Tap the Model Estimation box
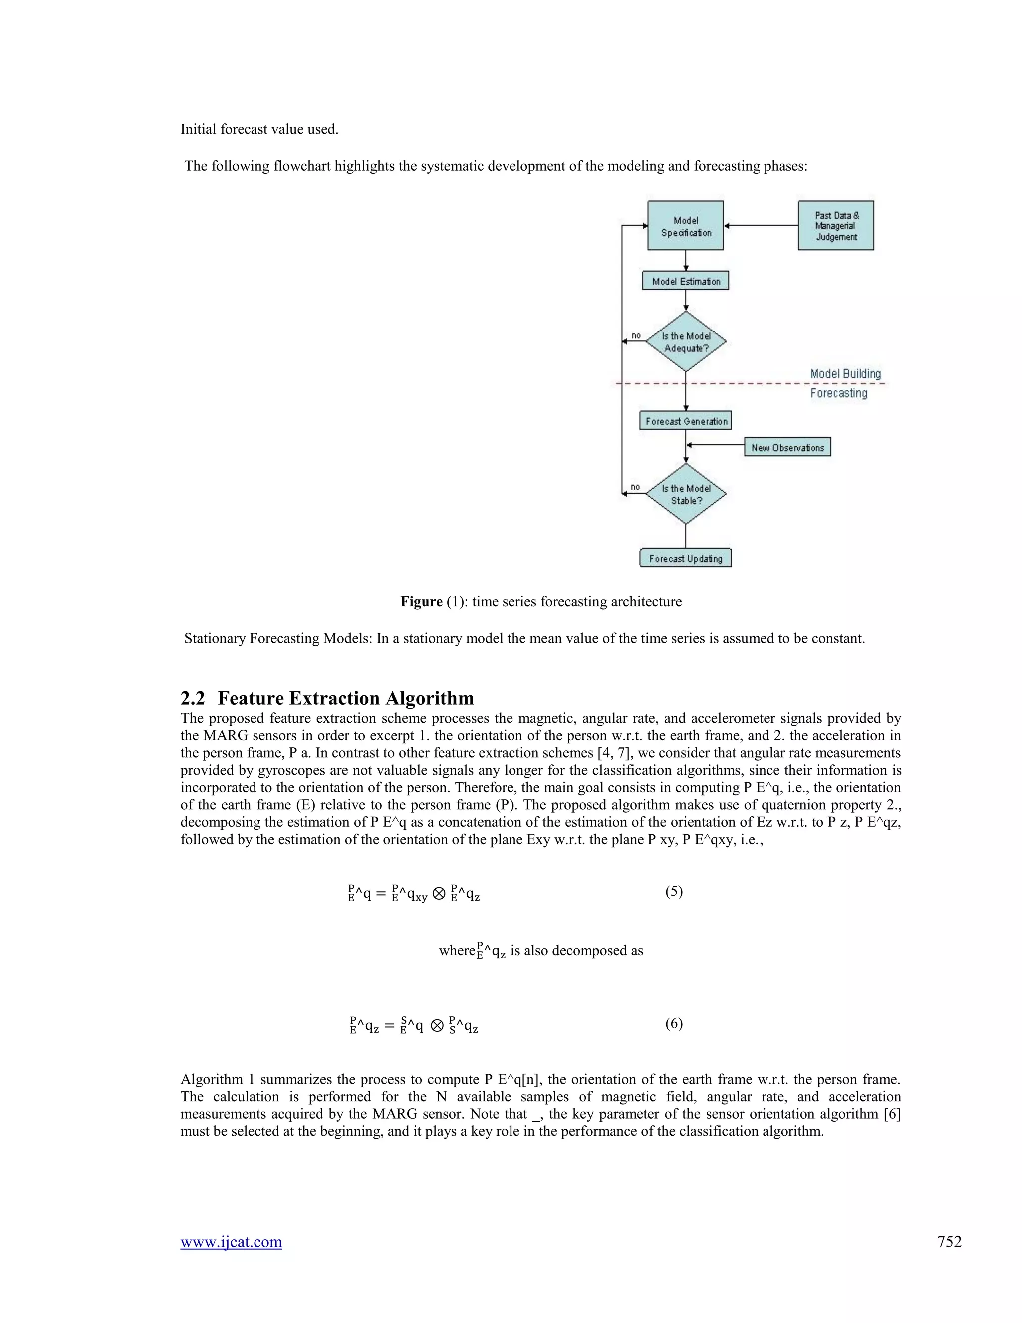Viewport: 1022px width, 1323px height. (x=685, y=281)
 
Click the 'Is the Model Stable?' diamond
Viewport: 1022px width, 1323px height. (x=685, y=494)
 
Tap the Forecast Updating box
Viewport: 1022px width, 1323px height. (x=685, y=558)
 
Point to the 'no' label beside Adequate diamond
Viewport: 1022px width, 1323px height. (x=636, y=335)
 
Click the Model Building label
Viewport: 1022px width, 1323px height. (x=845, y=374)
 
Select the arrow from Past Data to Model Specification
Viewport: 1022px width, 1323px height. (x=761, y=225)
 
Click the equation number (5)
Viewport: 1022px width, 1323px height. (x=674, y=891)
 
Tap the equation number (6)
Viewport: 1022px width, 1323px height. (x=674, y=1024)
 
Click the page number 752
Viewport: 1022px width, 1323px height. (x=949, y=1242)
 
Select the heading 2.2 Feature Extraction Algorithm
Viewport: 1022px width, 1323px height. (x=327, y=698)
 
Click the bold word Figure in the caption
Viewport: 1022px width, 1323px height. (x=421, y=601)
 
